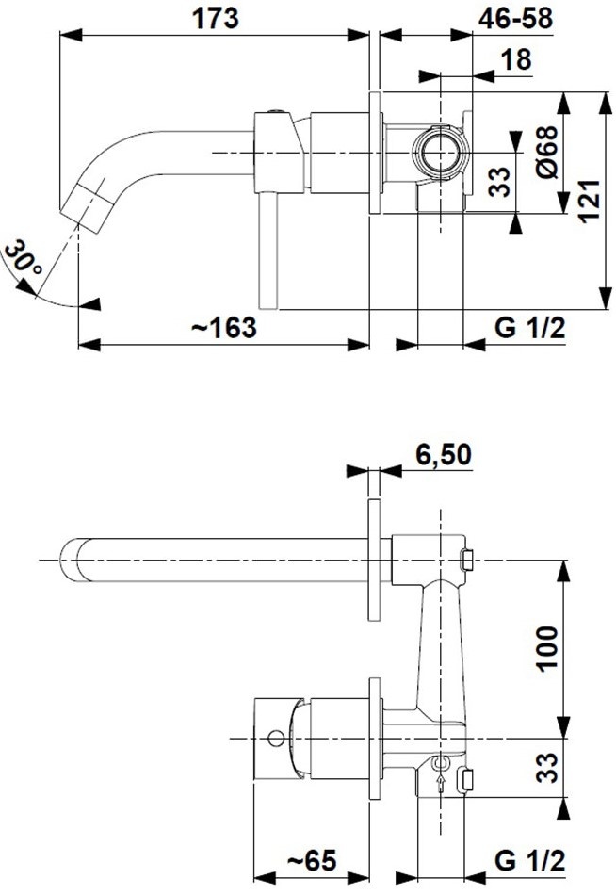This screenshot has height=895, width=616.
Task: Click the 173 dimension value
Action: (216, 18)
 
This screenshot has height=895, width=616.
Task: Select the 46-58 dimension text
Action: (515, 18)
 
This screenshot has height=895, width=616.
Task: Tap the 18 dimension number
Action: (516, 59)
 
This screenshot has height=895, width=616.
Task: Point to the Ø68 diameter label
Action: (547, 152)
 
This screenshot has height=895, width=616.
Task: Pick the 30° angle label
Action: (23, 258)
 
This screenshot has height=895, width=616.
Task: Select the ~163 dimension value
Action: (224, 328)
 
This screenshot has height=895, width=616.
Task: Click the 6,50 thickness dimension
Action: (443, 454)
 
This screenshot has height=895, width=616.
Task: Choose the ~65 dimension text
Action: (311, 860)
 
